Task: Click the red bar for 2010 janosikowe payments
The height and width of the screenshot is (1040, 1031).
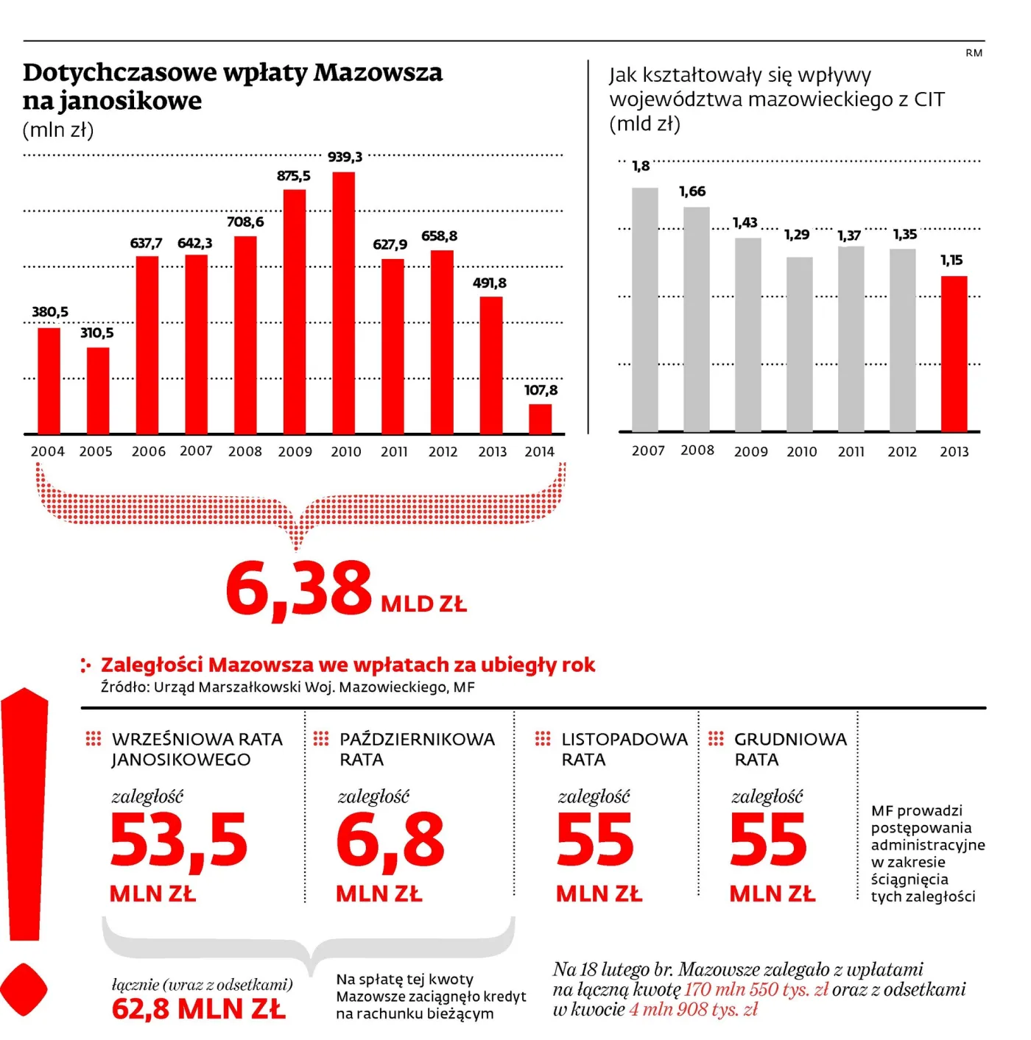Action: [x=343, y=303]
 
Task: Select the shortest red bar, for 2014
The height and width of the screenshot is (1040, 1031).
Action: [x=540, y=419]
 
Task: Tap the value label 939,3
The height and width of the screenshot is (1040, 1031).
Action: [x=345, y=157]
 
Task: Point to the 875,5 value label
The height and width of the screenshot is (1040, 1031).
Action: [x=294, y=176]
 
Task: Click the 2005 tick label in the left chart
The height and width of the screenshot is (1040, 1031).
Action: [x=96, y=452]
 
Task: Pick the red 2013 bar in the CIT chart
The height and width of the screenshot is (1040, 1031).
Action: [x=954, y=353]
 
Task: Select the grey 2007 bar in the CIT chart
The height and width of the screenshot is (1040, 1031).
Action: [x=645, y=310]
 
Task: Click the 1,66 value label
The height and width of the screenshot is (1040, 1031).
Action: [x=692, y=191]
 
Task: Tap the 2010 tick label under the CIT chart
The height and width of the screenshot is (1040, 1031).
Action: [x=801, y=452]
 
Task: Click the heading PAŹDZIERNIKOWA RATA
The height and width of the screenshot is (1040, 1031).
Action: [x=417, y=749]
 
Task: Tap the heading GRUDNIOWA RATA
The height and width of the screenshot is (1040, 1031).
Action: [x=790, y=749]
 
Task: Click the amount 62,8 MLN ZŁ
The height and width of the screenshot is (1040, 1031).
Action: [x=198, y=1008]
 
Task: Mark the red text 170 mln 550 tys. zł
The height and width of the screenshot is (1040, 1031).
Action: [x=756, y=989]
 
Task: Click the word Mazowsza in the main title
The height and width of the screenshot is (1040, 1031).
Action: [x=378, y=72]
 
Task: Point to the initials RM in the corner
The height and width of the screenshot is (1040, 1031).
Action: [x=974, y=53]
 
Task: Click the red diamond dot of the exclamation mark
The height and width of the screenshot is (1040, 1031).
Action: [x=23, y=990]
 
